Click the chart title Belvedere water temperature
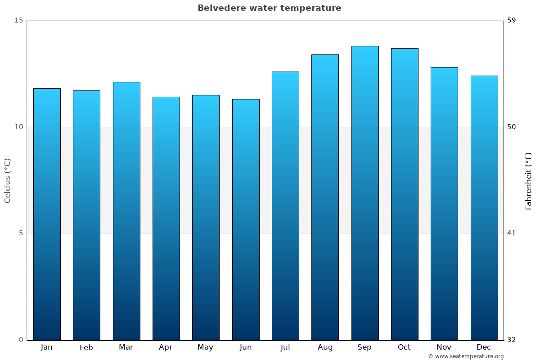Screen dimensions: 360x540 269,8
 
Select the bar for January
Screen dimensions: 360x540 47,214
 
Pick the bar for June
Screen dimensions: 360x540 246,219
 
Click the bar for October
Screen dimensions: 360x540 404,194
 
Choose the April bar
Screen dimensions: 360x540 166,218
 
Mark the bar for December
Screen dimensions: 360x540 484,207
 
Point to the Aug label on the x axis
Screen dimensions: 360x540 325,347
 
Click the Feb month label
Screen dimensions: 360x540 86,347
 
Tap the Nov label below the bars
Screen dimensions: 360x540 444,347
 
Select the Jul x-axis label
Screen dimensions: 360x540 285,347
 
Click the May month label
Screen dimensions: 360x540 205,347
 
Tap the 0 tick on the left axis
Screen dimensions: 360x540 21,340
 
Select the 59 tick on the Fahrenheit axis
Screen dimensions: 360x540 511,20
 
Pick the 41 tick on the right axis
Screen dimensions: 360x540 511,233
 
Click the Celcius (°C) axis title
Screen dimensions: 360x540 7,180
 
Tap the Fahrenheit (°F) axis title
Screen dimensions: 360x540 528,181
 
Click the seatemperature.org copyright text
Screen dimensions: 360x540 466,356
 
